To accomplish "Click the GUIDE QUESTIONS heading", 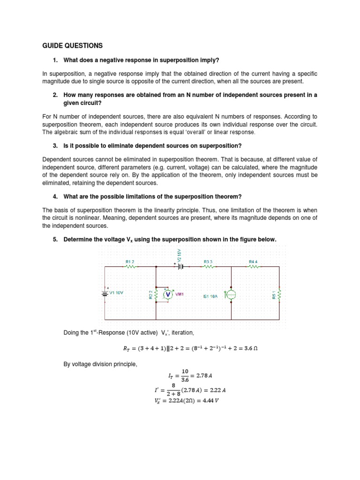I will [x=72, y=45].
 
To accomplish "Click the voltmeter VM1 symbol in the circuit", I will [x=168, y=294].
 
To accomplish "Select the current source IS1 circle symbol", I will [x=231, y=294].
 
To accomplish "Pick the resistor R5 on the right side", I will [x=280, y=294].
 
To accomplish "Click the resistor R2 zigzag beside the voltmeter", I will [x=156, y=294].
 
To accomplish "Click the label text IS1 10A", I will [x=210, y=296].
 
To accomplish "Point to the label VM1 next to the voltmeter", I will [x=180, y=294].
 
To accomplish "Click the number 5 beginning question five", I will [x=55, y=240].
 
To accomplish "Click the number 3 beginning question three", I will [x=55, y=146].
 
